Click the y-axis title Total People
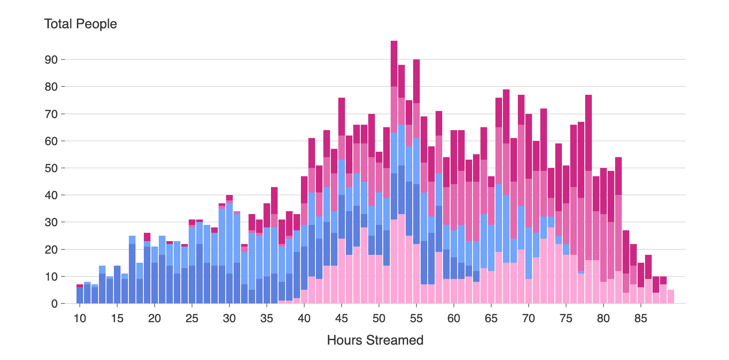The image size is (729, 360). (x=80, y=24)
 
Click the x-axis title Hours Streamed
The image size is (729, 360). (x=375, y=340)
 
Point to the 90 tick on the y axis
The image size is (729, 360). (x=51, y=59)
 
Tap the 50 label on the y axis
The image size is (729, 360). (x=51, y=168)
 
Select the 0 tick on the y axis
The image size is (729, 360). (x=54, y=304)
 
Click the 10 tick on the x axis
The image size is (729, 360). (x=80, y=318)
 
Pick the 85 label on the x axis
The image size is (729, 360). (x=640, y=318)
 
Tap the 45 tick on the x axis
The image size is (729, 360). (x=341, y=318)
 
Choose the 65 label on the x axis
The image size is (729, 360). (x=491, y=318)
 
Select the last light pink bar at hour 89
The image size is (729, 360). (x=670, y=297)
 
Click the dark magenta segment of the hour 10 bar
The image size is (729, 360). (x=80, y=286)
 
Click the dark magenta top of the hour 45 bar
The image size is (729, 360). (x=342, y=117)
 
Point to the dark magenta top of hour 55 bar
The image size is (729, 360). (x=416, y=81)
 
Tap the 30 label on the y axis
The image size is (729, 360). (x=51, y=222)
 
